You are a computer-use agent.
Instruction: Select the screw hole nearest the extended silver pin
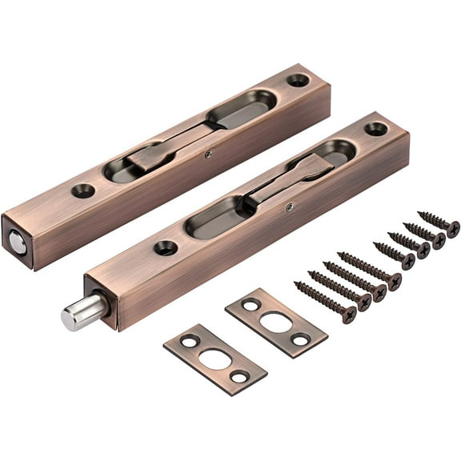click(166, 247)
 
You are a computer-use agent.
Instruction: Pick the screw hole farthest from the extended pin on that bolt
click(375, 129)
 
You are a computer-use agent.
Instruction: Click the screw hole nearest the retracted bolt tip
click(82, 190)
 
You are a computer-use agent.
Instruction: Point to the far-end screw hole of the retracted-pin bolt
click(298, 80)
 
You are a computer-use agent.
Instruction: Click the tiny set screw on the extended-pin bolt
click(290, 207)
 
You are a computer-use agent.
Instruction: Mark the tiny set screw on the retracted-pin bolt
click(208, 154)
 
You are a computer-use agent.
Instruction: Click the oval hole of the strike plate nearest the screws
click(276, 322)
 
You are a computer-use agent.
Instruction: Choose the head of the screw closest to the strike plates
click(348, 315)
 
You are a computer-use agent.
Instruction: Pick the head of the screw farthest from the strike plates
click(452, 229)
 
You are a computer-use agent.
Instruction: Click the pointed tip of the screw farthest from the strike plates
click(419, 214)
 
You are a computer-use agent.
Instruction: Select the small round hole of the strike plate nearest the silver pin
click(190, 341)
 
